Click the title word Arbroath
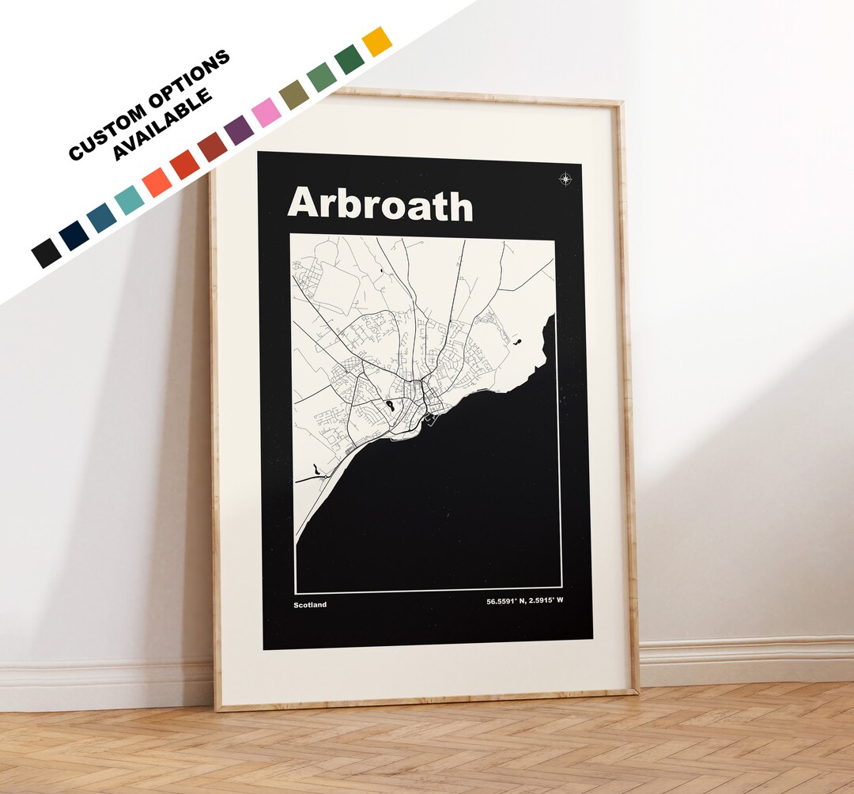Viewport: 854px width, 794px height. click(x=380, y=204)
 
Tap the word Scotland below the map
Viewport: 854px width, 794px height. click(x=309, y=605)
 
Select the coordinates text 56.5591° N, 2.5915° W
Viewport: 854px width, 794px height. click(x=530, y=602)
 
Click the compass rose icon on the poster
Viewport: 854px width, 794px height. click(x=565, y=179)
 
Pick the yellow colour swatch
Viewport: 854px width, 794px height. click(x=376, y=41)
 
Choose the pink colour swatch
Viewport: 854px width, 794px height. click(x=266, y=112)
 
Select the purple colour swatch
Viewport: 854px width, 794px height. click(x=239, y=130)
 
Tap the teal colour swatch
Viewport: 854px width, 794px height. click(x=129, y=200)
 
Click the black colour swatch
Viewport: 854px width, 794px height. click(x=46, y=253)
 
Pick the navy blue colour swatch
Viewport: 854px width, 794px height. click(x=74, y=236)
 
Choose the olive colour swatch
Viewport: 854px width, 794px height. click(x=293, y=94)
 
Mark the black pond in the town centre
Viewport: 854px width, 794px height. click(x=390, y=407)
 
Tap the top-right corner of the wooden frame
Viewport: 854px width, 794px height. click(x=621, y=104)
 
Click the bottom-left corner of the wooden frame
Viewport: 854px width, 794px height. click(x=217, y=709)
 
